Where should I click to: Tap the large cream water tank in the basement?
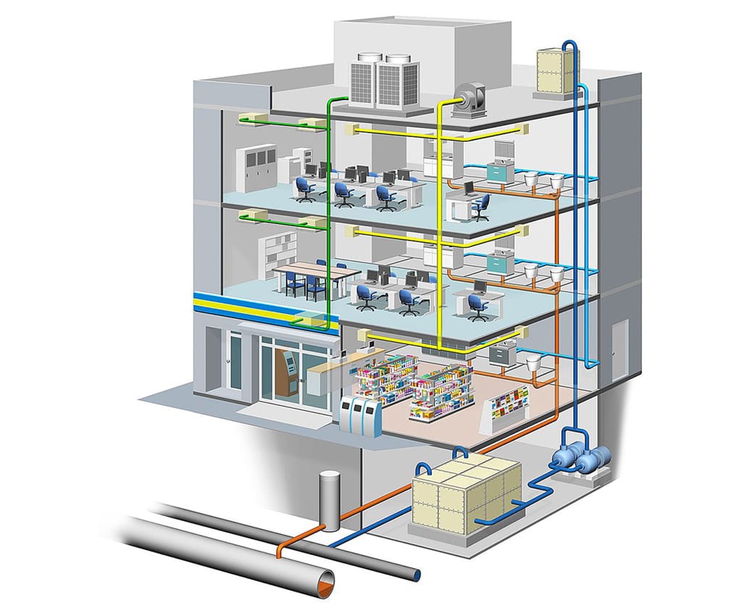point(465,496)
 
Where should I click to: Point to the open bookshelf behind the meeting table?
point(281,250)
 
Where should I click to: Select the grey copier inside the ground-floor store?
point(501,353)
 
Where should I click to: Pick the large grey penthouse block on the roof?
point(420,43)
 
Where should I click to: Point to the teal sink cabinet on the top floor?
point(500,172)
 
